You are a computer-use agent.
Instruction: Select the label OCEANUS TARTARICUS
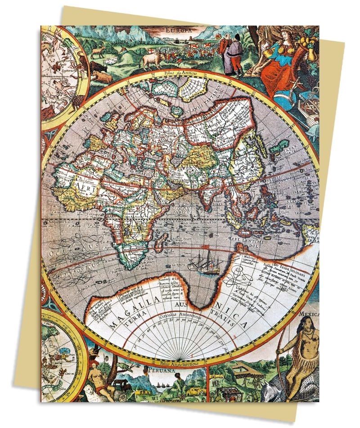click(202, 108)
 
